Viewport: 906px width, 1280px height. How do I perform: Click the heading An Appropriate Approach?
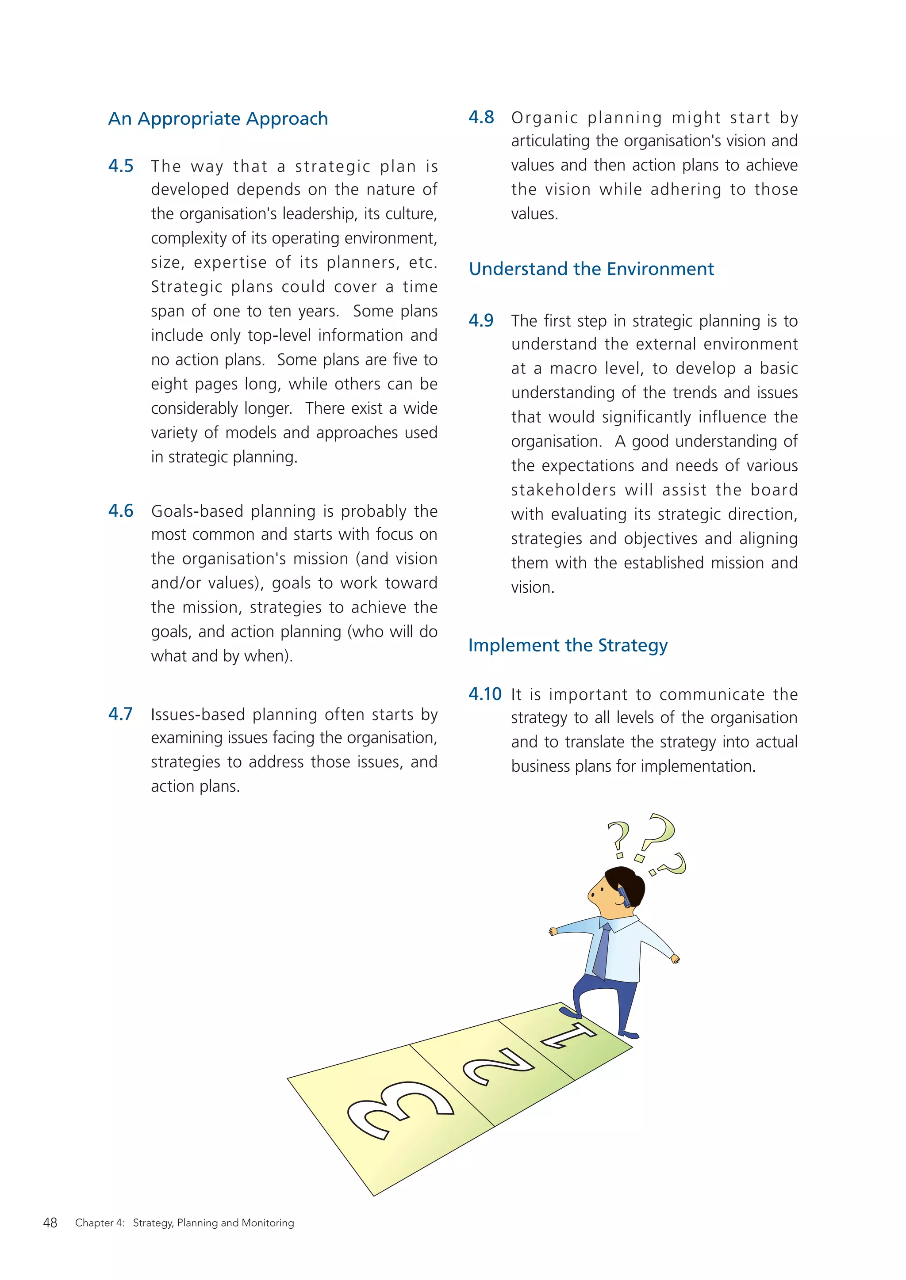pyautogui.click(x=218, y=119)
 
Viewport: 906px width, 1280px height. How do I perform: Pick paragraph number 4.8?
pyautogui.click(x=481, y=117)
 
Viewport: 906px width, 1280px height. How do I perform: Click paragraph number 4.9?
pyautogui.click(x=481, y=320)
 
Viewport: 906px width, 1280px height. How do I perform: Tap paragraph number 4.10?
pyautogui.click(x=484, y=694)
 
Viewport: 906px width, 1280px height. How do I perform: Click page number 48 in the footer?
pyautogui.click(x=50, y=1223)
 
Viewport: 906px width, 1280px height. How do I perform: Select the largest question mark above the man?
pyautogui.click(x=657, y=834)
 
